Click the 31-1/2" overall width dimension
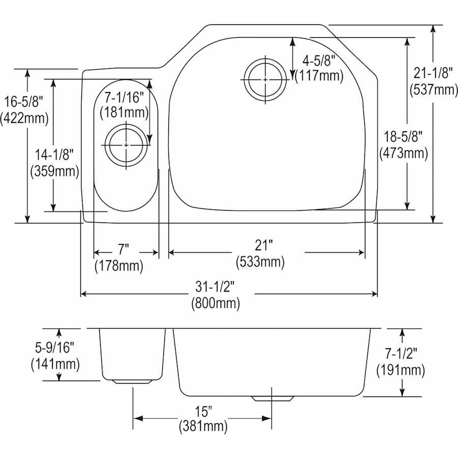click(216, 288)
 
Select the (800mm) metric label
click(216, 303)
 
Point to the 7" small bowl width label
click(123, 249)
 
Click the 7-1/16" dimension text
click(124, 96)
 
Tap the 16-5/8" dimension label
click(24, 102)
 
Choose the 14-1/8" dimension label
click(54, 154)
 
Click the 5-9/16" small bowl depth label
click(54, 348)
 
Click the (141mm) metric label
click(54, 364)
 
